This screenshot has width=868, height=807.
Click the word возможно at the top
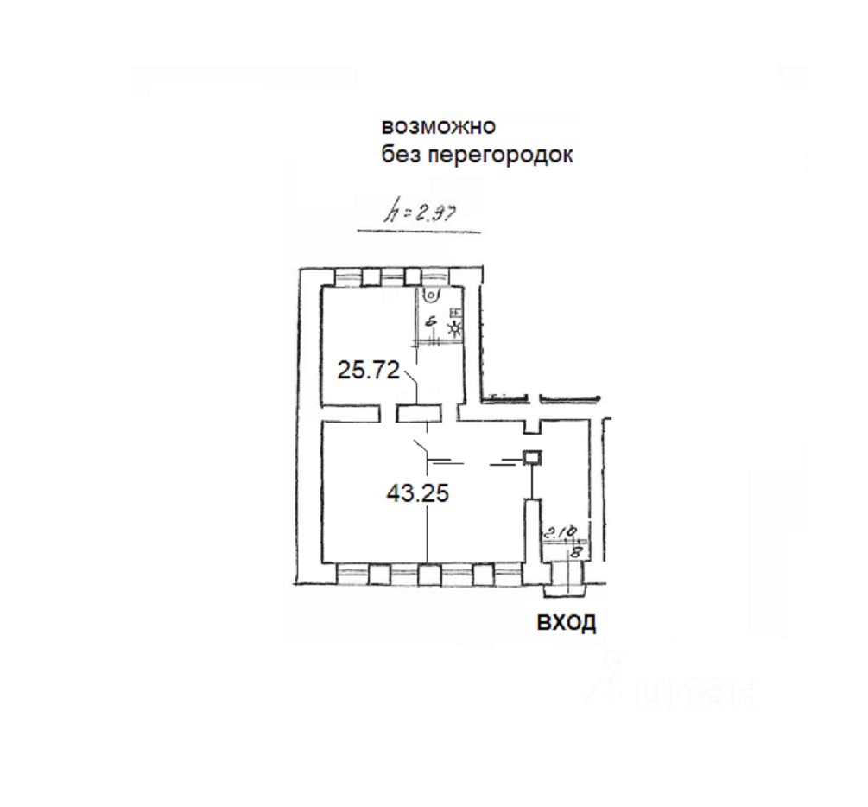tap(439, 126)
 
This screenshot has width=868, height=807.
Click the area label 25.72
tap(368, 372)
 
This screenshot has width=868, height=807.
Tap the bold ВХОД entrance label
tap(567, 623)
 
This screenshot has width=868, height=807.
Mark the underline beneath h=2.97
tap(419, 231)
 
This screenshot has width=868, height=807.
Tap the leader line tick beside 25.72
tap(409, 380)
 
